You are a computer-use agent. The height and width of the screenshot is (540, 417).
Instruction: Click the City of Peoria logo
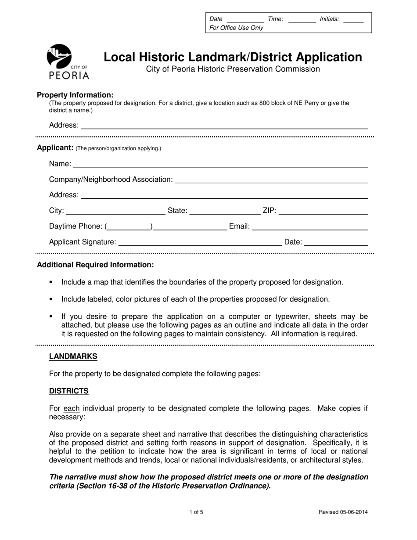coord(68,62)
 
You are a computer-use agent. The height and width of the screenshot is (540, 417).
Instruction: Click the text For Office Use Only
coord(237,28)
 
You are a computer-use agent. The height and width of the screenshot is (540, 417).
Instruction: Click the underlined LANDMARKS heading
coord(73,356)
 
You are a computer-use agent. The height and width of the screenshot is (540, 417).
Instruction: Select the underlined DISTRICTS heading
coord(69,391)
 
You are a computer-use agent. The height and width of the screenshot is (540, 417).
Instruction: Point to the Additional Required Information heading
coord(95,265)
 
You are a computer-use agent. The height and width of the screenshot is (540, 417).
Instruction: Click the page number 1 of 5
coord(196,512)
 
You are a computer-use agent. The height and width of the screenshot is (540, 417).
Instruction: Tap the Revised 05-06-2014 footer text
coord(343,512)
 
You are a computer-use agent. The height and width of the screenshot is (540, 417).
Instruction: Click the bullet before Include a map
coord(51,282)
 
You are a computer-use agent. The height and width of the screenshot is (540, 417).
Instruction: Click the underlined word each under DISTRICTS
coord(72,408)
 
